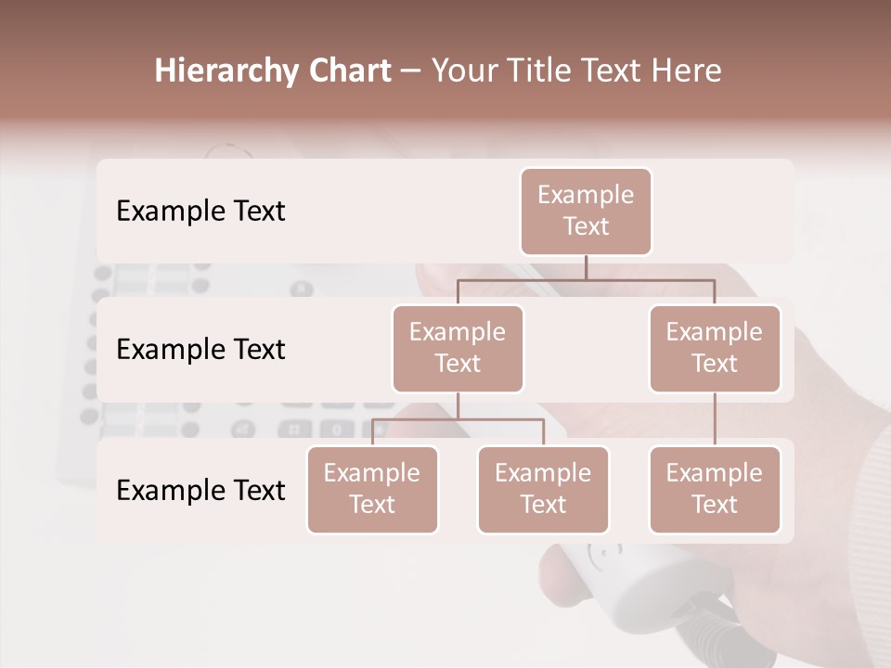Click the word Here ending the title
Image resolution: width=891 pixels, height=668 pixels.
coord(686,71)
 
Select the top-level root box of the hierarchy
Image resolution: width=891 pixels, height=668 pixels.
coord(586,211)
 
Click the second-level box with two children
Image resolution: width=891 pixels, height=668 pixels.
coord(458,348)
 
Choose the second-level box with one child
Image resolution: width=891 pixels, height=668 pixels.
coord(715,348)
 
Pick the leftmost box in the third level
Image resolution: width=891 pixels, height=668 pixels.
coord(372,489)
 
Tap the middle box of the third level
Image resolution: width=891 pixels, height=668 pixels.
coord(543,489)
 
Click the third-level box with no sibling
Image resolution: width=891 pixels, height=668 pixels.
coord(715,489)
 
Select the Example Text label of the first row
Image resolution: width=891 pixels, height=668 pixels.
coord(200,211)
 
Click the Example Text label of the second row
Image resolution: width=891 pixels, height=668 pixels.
coord(200,349)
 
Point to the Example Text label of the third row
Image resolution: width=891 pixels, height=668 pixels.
coord(200,490)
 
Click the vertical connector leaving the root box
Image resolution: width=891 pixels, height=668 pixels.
coord(586,267)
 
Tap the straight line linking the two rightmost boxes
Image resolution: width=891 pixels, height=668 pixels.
coord(715,419)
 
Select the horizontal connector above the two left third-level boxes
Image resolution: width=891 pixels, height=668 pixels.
coord(458,419)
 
